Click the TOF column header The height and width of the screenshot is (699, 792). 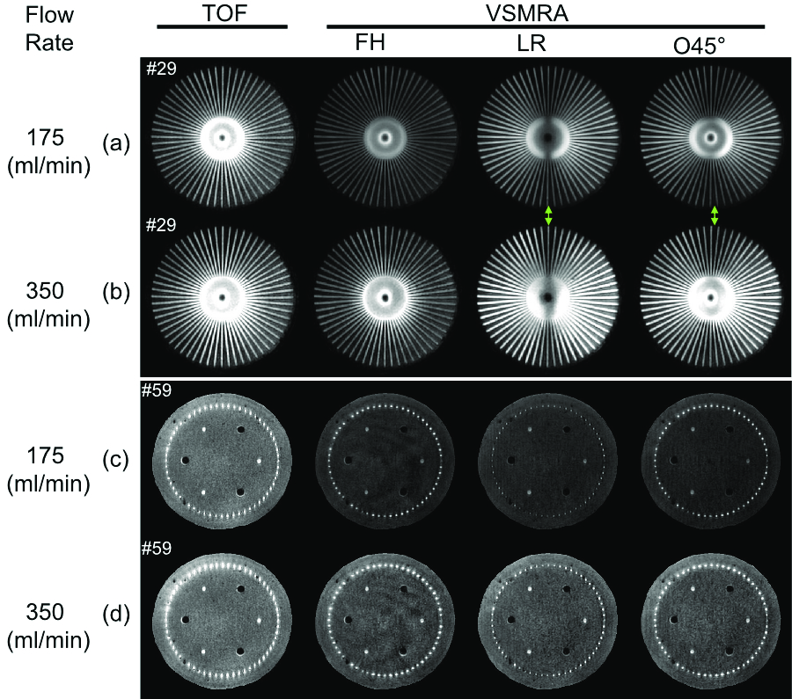tap(223, 12)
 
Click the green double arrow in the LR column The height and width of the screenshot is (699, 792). tap(548, 215)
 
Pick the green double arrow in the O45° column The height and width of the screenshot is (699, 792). tap(714, 215)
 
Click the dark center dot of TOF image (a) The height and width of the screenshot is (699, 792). tap(223, 138)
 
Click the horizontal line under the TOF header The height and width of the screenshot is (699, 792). tap(223, 27)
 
